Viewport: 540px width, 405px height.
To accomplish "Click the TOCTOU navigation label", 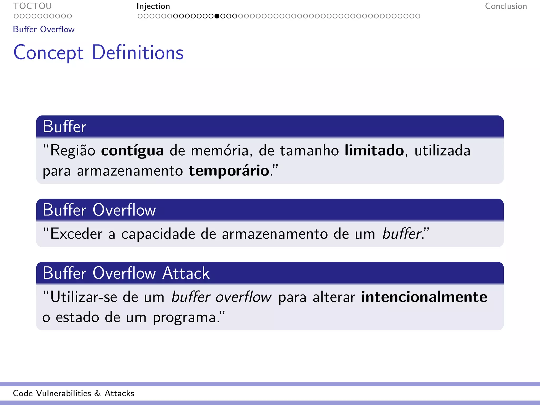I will [32, 6].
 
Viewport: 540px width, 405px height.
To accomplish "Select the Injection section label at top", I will [153, 6].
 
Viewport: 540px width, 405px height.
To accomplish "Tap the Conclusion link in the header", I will [506, 6].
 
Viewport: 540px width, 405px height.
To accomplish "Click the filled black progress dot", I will [217, 16].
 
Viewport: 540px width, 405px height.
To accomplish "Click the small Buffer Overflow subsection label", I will [44, 29].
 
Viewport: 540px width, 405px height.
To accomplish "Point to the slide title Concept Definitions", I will [98, 53].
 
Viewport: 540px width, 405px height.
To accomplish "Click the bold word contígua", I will [132, 151].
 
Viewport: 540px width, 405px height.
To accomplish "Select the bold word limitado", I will [374, 151].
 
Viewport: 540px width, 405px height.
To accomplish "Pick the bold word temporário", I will [229, 171].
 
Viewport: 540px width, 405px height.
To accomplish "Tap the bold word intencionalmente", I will [424, 297].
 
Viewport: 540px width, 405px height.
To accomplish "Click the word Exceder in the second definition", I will [76, 234].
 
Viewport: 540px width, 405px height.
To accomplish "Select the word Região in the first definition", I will [73, 151].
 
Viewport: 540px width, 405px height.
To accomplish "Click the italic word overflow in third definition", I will [243, 297].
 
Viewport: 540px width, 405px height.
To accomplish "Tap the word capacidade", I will [158, 234].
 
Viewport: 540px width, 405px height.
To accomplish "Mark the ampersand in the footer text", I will [98, 393].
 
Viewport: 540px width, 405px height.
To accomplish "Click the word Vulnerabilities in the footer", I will [64, 393].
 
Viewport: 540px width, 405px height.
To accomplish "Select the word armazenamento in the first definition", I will [130, 171].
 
